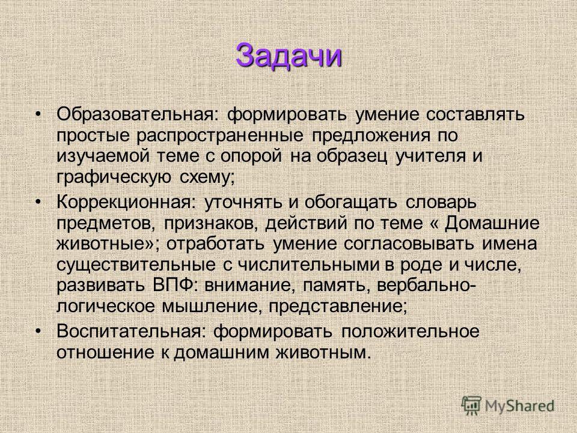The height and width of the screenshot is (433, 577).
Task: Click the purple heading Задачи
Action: click(289, 56)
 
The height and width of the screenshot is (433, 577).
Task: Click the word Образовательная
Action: click(138, 114)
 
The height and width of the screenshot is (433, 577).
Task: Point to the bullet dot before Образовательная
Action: click(37, 114)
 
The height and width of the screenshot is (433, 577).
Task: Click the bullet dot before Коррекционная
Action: click(37, 202)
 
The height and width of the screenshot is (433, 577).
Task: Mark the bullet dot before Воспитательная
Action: click(37, 331)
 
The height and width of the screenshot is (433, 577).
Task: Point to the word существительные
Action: click(136, 265)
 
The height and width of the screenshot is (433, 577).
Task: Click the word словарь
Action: click(441, 202)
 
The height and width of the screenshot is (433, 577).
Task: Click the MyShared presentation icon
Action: click(471, 405)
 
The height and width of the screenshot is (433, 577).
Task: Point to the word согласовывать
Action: click(409, 244)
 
